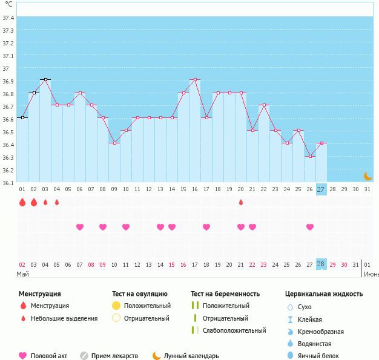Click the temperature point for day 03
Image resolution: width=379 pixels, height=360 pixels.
pos(45,79)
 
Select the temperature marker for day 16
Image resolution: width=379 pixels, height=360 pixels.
pos(195,79)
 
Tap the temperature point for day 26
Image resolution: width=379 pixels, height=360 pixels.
pos(310,156)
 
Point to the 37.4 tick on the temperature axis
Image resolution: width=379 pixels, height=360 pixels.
pos(8,18)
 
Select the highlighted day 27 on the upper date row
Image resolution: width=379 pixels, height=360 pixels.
pos(321,189)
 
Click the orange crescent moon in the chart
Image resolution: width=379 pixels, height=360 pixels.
pos(367,175)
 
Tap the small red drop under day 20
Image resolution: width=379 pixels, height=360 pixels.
pos(241,202)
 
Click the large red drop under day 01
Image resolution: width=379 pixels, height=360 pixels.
pos(22,202)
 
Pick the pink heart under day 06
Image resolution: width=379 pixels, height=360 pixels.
pos(80,227)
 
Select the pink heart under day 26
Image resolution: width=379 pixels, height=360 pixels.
pos(310,227)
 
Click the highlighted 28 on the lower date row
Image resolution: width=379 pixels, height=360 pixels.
pos(321,264)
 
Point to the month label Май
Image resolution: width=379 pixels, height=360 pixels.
pos(23,274)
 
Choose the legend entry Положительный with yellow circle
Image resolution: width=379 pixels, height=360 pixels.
pos(147,306)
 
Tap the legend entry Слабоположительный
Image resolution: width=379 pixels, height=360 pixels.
pos(234,330)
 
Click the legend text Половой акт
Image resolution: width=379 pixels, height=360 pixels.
pos(49,356)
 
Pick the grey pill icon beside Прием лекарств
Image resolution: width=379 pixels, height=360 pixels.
pos(84,356)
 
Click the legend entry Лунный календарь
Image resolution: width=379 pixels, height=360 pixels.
pos(191,356)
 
